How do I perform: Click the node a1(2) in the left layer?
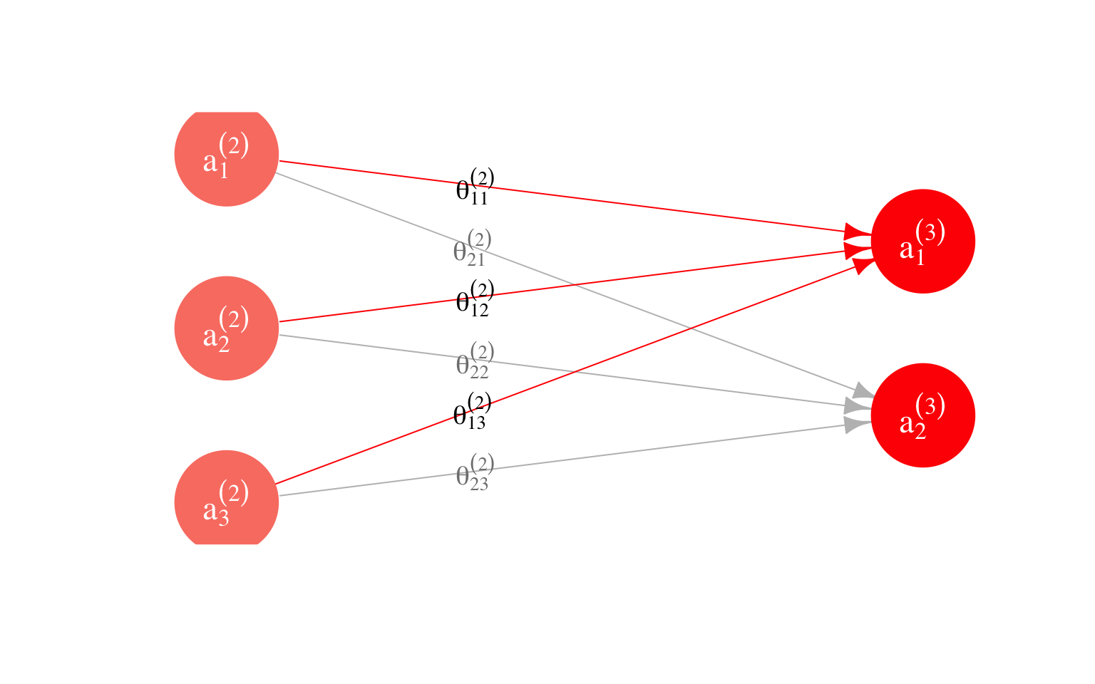(227, 155)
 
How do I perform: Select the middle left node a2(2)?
(227, 328)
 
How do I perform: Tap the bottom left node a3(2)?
(227, 502)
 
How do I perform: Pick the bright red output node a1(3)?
(922, 242)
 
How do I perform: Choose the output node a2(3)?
(922, 415)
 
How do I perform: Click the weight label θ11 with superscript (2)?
(474, 187)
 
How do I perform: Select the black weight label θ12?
(474, 299)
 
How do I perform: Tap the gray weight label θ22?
(474, 361)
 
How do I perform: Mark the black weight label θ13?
(472, 411)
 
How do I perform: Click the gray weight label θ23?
(474, 472)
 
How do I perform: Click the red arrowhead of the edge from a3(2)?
(863, 264)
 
